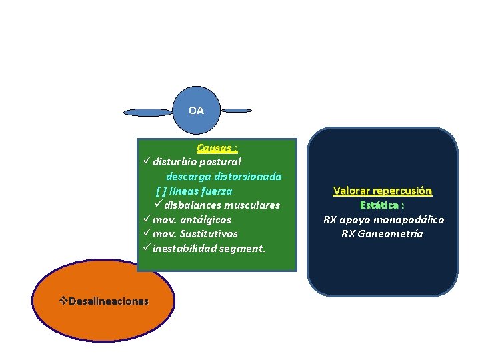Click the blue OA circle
pos(196,110)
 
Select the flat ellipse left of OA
pos(148,112)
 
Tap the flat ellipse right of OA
pos(237,110)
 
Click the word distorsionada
pos(249,177)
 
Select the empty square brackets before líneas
pos(161,191)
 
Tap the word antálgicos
pos(207,219)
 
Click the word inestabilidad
pos(186,249)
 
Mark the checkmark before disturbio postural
pos(147,162)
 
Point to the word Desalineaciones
pos(109,301)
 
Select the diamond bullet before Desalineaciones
pos(64,301)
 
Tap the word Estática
pos(379,205)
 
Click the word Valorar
pos(351,191)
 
